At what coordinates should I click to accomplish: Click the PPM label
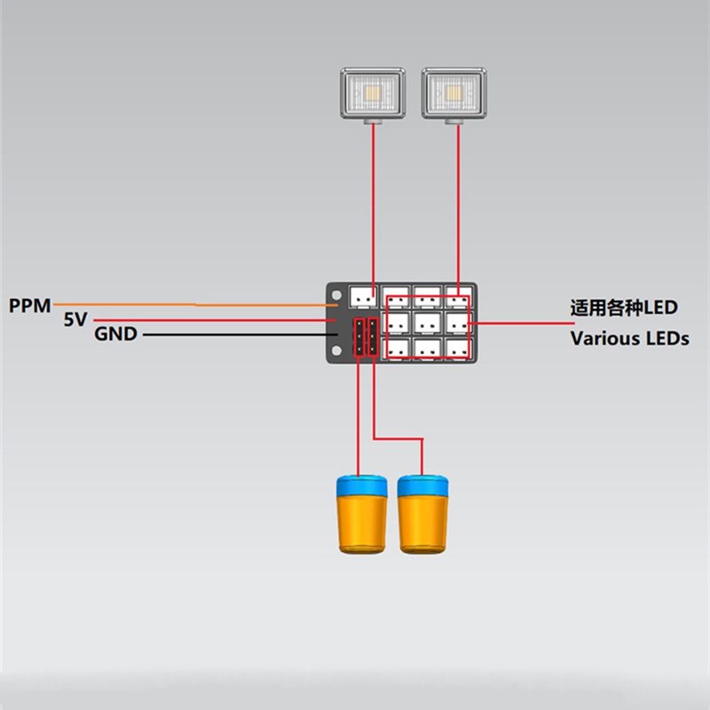(30, 305)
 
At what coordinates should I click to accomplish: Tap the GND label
(115, 335)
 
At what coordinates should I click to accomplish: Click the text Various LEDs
(629, 338)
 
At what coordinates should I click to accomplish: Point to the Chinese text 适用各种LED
(624, 308)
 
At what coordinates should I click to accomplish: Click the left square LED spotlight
(374, 94)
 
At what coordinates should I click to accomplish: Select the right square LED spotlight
(455, 94)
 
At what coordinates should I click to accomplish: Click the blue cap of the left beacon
(361, 486)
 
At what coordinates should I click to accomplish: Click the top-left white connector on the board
(364, 296)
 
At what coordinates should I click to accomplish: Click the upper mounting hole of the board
(336, 293)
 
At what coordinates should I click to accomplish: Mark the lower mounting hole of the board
(336, 352)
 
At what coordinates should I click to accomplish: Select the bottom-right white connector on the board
(457, 347)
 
